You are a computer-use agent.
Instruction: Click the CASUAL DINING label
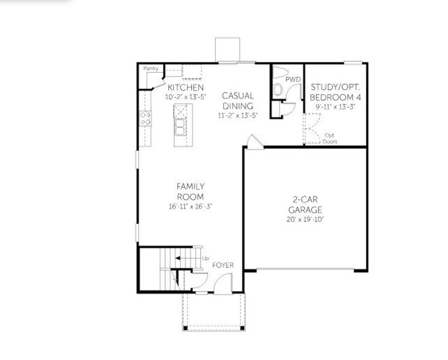click(x=238, y=100)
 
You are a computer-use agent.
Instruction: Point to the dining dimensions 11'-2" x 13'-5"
click(x=238, y=115)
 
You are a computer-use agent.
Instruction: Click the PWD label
click(x=292, y=79)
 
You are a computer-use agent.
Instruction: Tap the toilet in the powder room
click(x=278, y=90)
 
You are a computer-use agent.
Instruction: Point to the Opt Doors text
click(x=330, y=138)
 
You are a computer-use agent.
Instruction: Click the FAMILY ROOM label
click(x=190, y=191)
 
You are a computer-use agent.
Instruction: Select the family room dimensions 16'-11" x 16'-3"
click(x=190, y=206)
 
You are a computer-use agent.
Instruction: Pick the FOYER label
click(x=223, y=265)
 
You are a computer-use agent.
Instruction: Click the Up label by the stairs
click(x=205, y=259)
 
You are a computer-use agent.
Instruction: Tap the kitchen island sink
click(x=180, y=127)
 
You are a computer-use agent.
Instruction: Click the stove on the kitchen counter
click(x=145, y=118)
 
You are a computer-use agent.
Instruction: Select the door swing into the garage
click(x=254, y=142)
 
